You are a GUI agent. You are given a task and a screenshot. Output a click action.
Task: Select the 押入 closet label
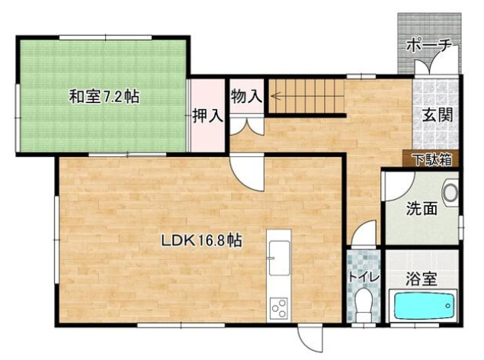pyautogui.click(x=207, y=116)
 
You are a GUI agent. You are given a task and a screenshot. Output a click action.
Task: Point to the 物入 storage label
pyautogui.click(x=246, y=96)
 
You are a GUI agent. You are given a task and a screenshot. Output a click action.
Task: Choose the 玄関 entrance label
pyautogui.click(x=438, y=116)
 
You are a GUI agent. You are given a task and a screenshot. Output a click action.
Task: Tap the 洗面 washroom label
pyautogui.click(x=421, y=207)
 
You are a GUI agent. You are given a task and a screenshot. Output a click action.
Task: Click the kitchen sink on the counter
pyautogui.click(x=278, y=251)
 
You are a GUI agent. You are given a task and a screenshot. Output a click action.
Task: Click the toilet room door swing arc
pyautogui.click(x=364, y=232)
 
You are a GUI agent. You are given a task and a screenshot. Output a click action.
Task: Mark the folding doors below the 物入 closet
pyautogui.click(x=247, y=121)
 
